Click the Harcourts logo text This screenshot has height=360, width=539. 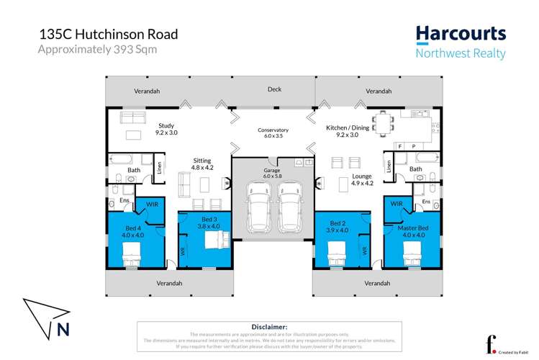coord(461,34)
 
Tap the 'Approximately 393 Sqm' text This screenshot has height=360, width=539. coord(96,50)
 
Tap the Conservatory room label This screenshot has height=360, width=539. coord(273,132)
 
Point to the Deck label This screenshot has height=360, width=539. coord(274,90)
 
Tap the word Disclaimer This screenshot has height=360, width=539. coord(270,326)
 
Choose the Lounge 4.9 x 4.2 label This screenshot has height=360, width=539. coord(342,179)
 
